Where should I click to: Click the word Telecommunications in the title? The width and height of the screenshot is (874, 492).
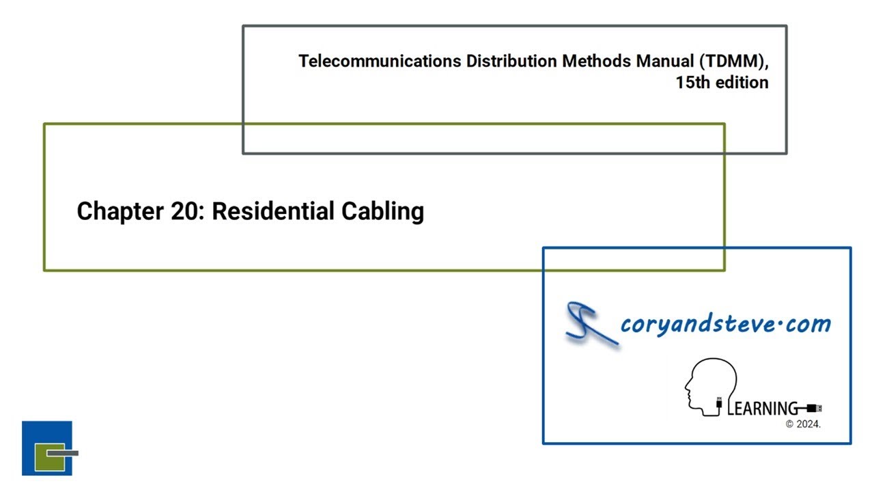380,61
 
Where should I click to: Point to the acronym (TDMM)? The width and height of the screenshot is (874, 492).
736,61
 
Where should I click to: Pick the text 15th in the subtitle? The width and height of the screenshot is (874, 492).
693,83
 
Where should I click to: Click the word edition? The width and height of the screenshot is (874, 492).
742,83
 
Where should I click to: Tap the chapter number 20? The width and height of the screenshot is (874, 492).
181,211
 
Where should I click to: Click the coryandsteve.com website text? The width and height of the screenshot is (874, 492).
725,323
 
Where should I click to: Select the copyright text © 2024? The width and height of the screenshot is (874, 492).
803,424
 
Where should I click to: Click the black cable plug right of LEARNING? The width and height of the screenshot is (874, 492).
813,409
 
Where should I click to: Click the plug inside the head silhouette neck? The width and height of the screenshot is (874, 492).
719,404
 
